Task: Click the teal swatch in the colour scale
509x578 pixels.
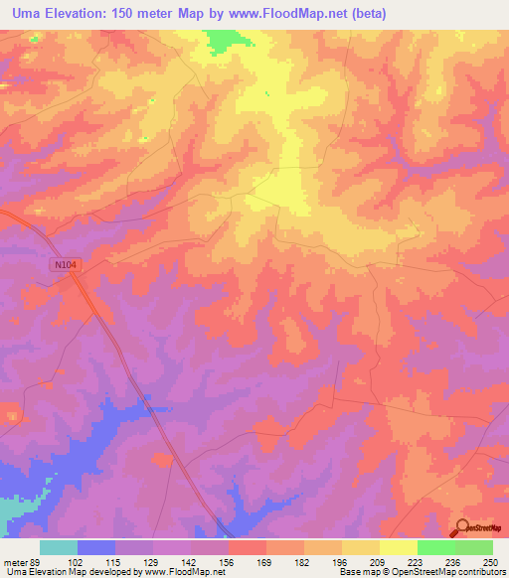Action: tap(59, 547)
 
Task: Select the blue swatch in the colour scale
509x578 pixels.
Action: tap(96, 547)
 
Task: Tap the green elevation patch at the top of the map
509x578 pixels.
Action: tap(230, 41)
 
